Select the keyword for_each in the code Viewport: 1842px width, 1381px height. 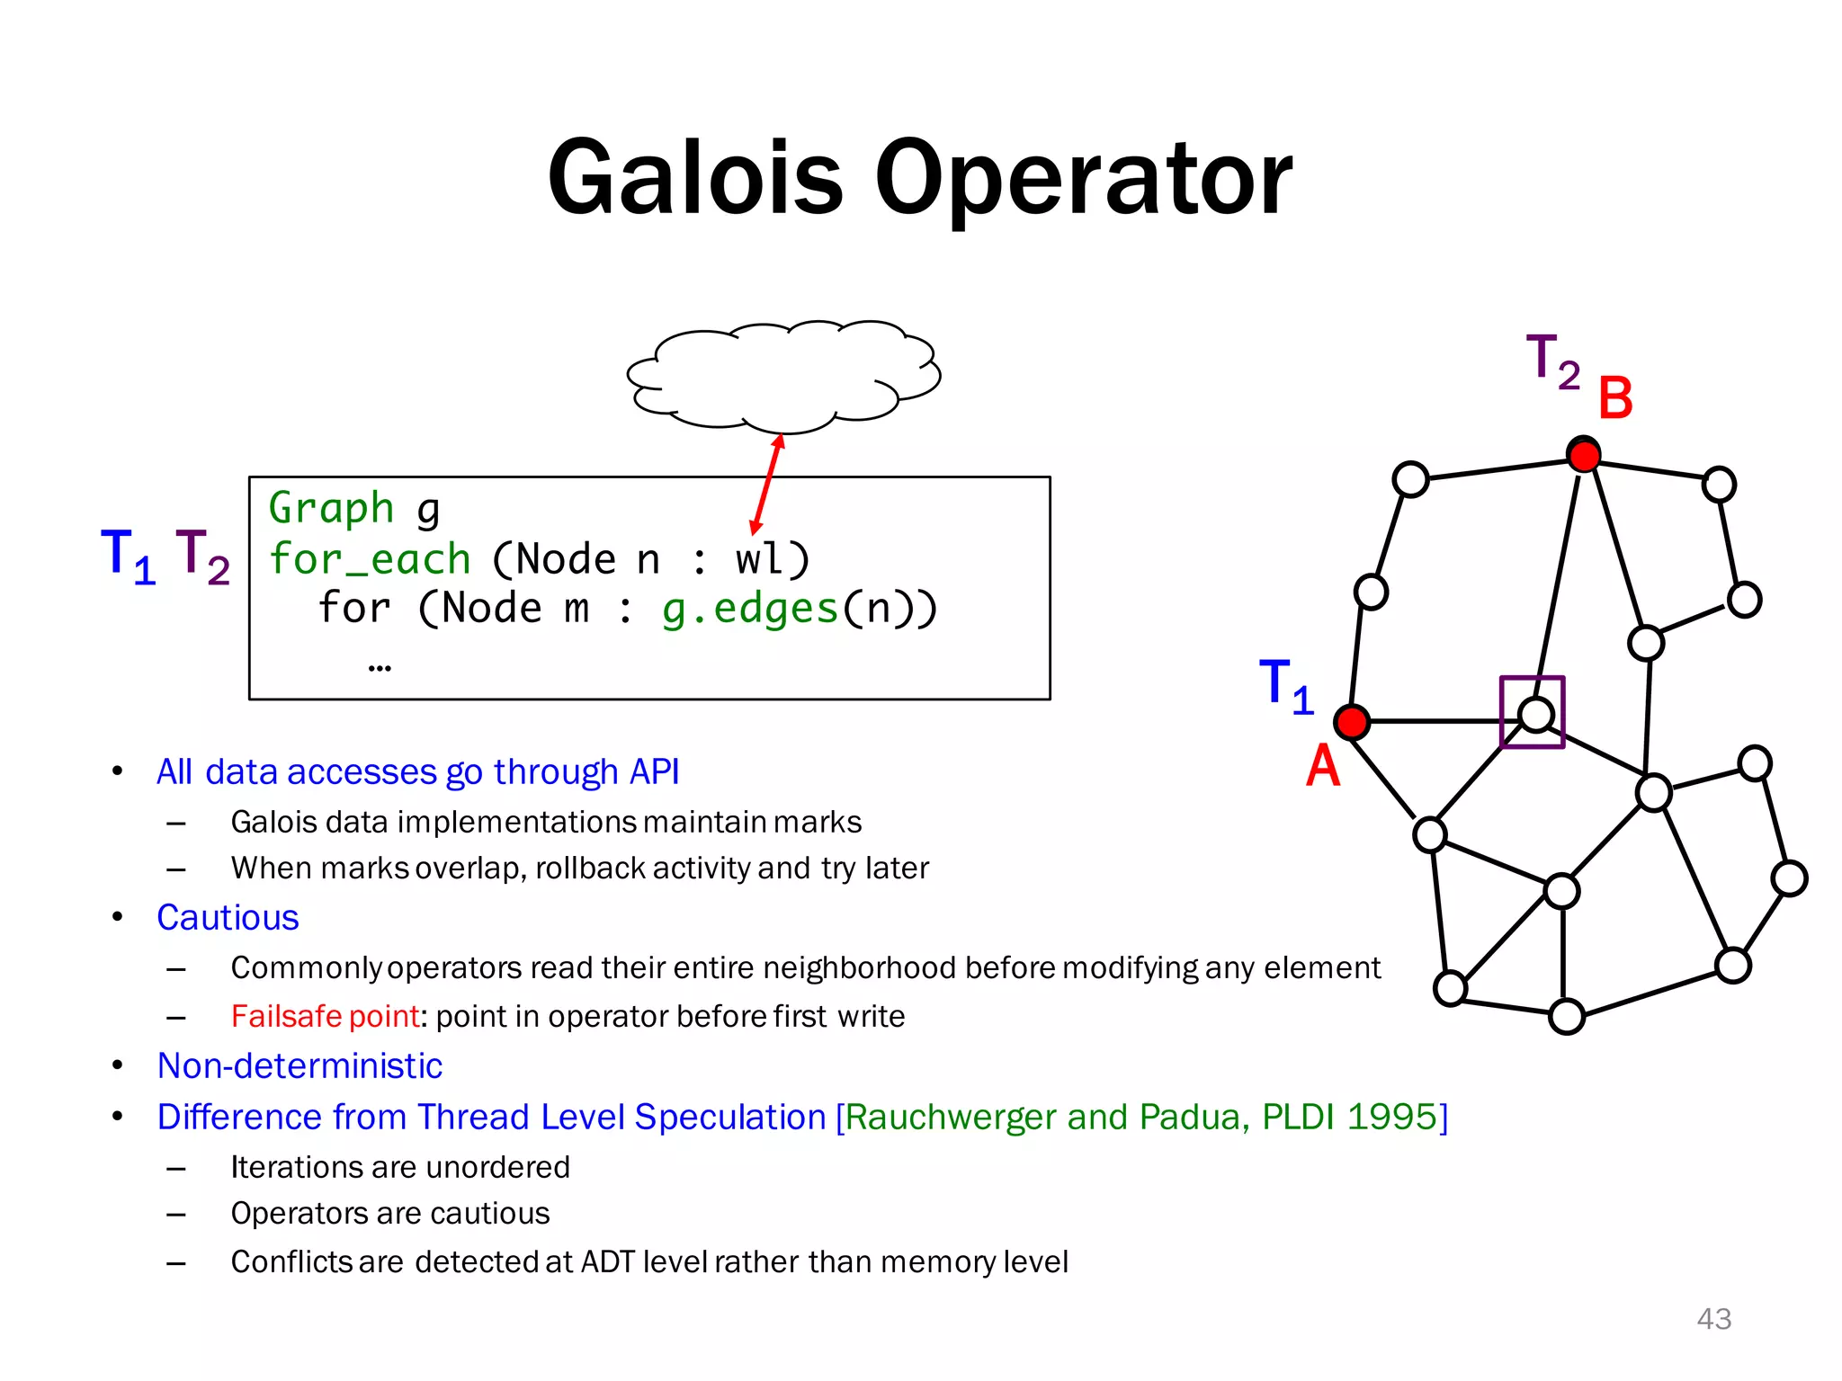370,559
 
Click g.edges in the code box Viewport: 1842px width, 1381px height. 750,609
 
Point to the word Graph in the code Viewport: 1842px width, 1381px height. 331,508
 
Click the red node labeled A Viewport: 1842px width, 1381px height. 1352,722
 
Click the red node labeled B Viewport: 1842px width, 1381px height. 1583,455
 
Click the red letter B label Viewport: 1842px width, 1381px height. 1615,398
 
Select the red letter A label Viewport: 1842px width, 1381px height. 1322,766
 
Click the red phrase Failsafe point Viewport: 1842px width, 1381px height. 325,1016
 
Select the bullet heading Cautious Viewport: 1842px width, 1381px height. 228,917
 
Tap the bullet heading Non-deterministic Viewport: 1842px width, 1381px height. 300,1065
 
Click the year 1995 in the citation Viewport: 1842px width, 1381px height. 1392,1117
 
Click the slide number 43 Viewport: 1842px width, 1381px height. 1713,1318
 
